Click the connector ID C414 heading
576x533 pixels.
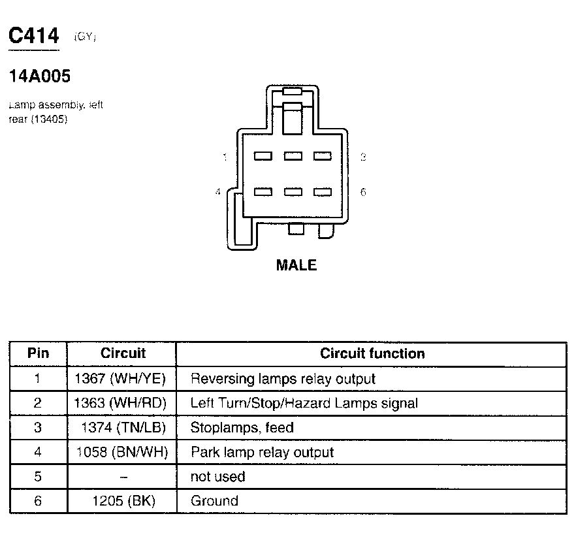(33, 36)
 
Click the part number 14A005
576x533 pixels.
(39, 76)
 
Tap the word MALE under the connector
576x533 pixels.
(296, 265)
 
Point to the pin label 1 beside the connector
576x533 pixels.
(225, 157)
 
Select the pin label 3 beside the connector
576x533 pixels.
(363, 157)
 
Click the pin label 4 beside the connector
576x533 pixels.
(218, 192)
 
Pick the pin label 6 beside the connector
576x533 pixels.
(363, 192)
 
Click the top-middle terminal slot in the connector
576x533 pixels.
(293, 156)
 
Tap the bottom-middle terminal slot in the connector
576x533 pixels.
(293, 192)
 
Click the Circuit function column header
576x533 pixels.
(372, 354)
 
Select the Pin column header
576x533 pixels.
(38, 354)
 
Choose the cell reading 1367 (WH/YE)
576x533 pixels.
(121, 379)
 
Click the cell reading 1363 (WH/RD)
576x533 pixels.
(121, 404)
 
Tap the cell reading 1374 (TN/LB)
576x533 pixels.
(123, 428)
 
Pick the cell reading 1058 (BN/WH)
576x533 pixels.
(122, 453)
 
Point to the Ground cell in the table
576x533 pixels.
(214, 502)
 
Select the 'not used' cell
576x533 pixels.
(217, 477)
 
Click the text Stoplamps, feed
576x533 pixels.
(242, 428)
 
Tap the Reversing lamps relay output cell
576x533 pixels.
(282, 379)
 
